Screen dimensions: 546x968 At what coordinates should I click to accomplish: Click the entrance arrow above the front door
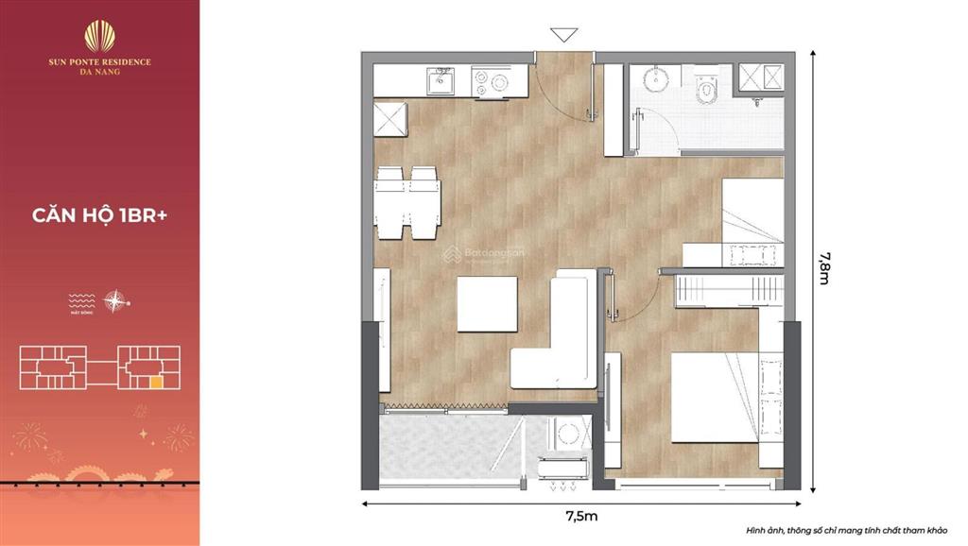pos(564,36)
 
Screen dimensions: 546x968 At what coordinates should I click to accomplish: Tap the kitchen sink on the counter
pos(441,82)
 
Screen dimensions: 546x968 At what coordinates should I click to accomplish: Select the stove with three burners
pos(490,82)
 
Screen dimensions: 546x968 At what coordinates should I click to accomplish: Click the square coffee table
pos(487,303)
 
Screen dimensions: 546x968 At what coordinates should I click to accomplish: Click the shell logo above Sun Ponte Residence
pos(100,36)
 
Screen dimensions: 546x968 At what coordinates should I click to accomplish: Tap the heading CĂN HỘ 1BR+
pos(100,214)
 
